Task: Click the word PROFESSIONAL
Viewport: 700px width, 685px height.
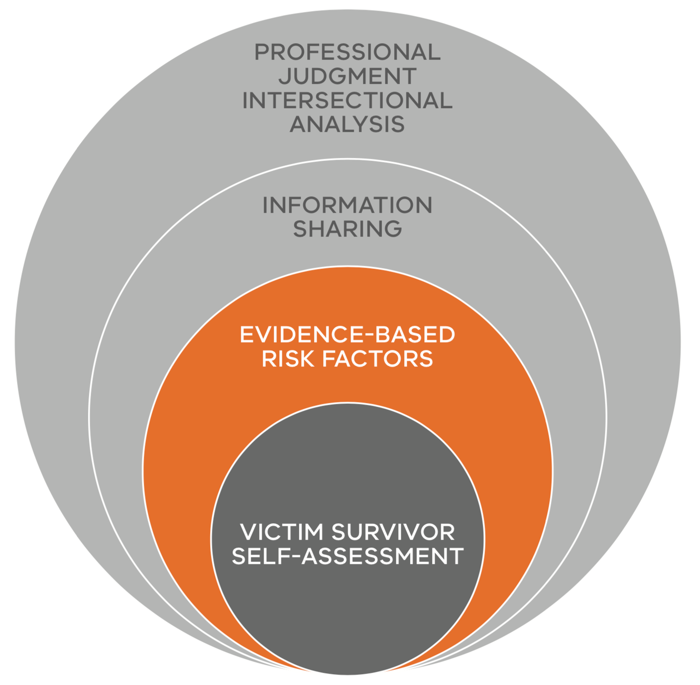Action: pos(347,52)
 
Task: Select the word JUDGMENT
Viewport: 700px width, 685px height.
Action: pos(347,76)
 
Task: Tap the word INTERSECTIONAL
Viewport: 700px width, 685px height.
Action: pos(347,100)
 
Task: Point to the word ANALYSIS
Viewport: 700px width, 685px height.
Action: pos(347,124)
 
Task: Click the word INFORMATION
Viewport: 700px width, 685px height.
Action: pos(347,205)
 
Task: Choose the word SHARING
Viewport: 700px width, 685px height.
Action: pos(347,229)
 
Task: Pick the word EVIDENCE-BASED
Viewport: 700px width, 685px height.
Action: pos(347,335)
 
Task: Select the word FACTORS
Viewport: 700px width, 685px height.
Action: pos(378,359)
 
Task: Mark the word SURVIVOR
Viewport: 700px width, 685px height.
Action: pos(393,532)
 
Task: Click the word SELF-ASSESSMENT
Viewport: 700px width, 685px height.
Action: pos(347,556)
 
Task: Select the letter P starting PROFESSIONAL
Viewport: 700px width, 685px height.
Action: pos(261,52)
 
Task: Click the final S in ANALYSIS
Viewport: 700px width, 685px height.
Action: pos(398,124)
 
